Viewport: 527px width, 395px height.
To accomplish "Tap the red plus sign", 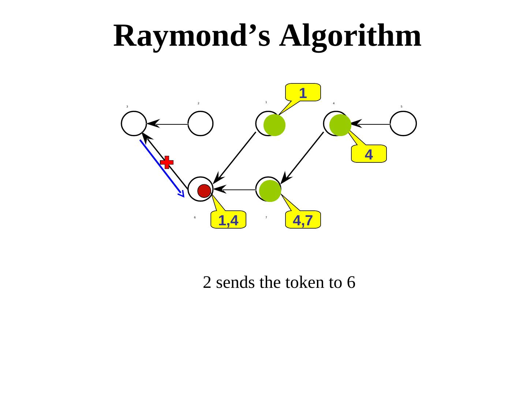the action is coord(167,162).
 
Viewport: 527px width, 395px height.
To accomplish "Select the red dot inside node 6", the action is coord(204,191).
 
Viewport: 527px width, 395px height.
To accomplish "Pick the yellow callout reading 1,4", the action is coord(228,219).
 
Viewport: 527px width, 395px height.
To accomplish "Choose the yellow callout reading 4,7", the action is coord(303,219).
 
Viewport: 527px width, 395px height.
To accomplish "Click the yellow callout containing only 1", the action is coord(303,92).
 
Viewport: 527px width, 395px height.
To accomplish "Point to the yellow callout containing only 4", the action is coord(369,154).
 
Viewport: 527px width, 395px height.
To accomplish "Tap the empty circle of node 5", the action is coord(403,124).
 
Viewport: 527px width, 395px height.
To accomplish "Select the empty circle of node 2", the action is coord(201,124).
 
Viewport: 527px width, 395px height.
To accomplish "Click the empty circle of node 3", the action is coord(134,124).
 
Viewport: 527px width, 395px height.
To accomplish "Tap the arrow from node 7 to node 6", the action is coord(236,189).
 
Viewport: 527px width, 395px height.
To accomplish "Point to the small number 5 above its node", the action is coord(401,106).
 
